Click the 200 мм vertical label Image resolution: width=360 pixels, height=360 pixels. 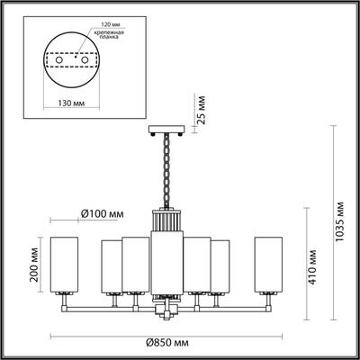point(33,267)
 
